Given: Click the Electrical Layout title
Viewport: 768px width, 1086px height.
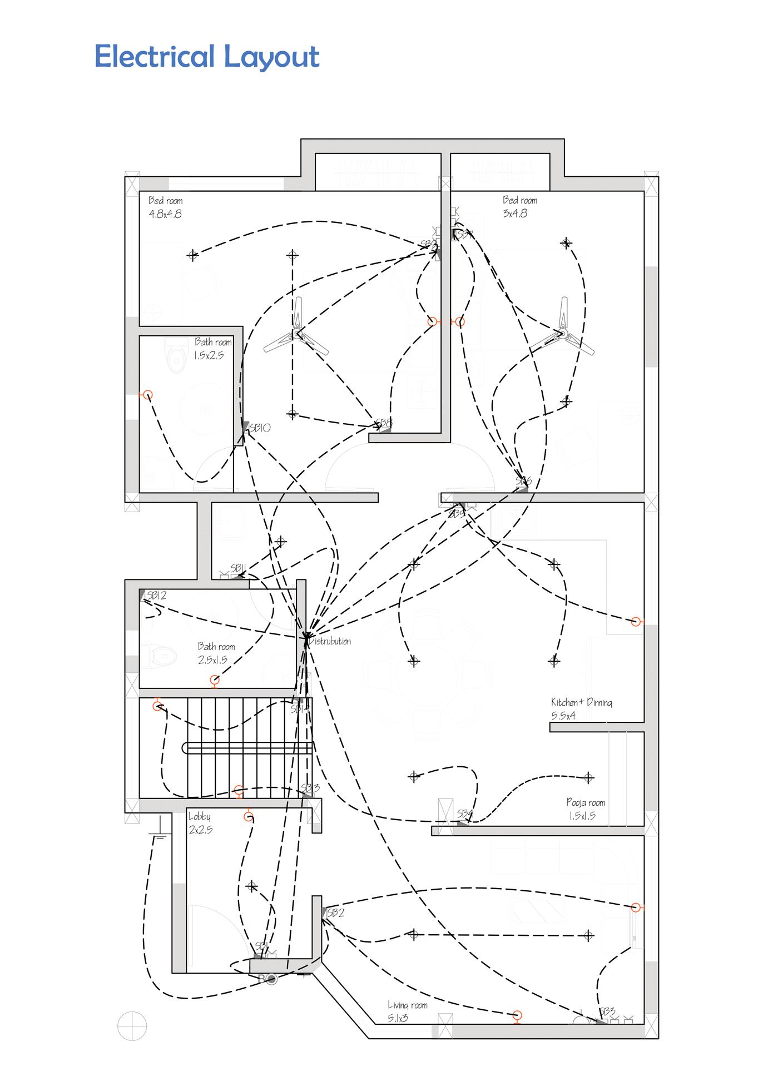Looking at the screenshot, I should pyautogui.click(x=207, y=57).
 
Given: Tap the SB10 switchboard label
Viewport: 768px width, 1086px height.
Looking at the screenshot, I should pyautogui.click(x=260, y=428).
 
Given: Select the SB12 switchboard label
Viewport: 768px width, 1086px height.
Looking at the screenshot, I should pyautogui.click(x=156, y=595).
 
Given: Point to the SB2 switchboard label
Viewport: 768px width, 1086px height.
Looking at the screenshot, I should pyautogui.click(x=335, y=913).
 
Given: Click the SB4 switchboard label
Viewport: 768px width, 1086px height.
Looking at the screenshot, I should pyautogui.click(x=465, y=814).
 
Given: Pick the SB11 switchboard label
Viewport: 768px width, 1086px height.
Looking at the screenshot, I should pyautogui.click(x=238, y=568).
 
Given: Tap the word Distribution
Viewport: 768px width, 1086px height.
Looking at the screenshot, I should pyautogui.click(x=330, y=641).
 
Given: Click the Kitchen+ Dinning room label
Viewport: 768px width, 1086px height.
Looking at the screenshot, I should pyautogui.click(x=581, y=702).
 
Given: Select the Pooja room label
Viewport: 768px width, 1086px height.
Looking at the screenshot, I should pyautogui.click(x=586, y=802).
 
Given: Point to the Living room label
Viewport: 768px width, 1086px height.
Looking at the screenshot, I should pyautogui.click(x=407, y=1005).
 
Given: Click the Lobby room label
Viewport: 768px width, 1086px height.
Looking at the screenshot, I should pyautogui.click(x=199, y=817).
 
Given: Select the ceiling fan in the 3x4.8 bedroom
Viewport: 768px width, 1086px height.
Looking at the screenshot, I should pyautogui.click(x=562, y=334).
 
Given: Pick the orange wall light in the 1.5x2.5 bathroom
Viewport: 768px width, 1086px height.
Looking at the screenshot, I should pyautogui.click(x=147, y=395).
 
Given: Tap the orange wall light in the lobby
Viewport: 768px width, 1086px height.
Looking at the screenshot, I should pyautogui.click(x=248, y=817).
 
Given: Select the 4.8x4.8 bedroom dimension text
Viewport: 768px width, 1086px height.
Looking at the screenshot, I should pyautogui.click(x=165, y=214).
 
